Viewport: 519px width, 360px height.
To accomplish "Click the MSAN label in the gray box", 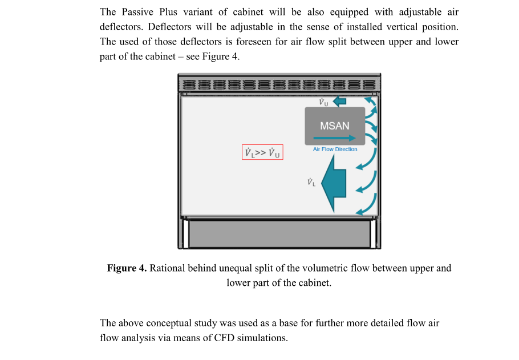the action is tap(335, 126).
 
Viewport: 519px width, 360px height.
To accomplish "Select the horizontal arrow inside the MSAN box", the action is tap(334, 137).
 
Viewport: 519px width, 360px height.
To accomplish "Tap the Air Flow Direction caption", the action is tap(335, 149).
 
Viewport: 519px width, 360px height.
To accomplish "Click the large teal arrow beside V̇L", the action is tap(334, 183).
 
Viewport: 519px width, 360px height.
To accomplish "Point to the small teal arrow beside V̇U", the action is tap(339, 102).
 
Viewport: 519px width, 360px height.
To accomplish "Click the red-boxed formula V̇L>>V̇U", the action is tap(262, 152).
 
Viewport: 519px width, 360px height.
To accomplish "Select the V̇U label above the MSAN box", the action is tap(323, 102).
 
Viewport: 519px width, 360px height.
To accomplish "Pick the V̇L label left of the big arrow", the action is tap(311, 182).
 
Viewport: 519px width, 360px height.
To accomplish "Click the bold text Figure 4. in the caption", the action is tap(127, 268).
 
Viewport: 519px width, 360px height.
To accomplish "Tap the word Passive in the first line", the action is tap(137, 12).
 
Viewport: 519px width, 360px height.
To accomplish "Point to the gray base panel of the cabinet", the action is tap(279, 234).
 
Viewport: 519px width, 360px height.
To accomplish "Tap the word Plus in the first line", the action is tap(168, 12).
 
